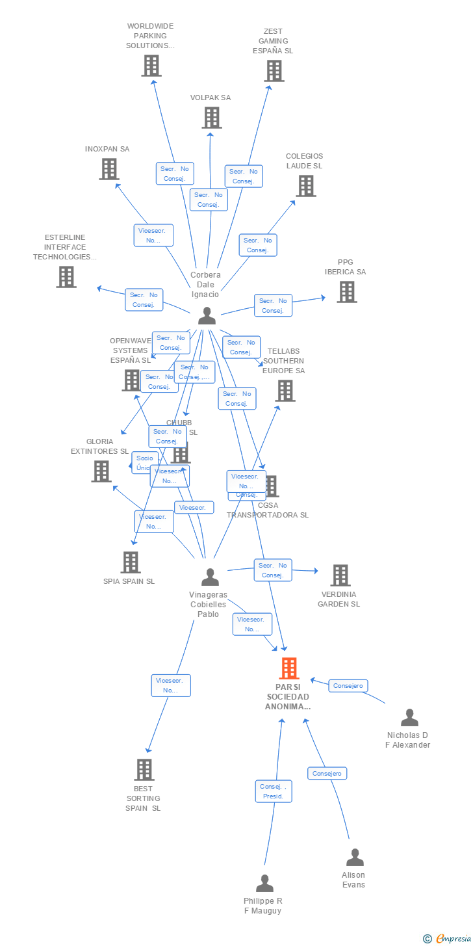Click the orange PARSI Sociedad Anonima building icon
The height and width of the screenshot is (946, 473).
tap(289, 668)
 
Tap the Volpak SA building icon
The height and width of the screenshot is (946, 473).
tap(211, 118)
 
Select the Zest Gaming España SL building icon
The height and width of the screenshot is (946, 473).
tap(274, 71)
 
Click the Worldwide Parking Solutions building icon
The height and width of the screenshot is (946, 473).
tap(151, 66)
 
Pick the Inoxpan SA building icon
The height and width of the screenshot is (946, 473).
tap(109, 169)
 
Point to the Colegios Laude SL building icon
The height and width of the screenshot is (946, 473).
tap(305, 186)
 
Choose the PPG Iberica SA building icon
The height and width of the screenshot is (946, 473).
tap(346, 292)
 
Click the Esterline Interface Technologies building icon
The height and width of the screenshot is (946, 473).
tap(66, 277)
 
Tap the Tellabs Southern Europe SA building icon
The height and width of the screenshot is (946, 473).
tap(285, 391)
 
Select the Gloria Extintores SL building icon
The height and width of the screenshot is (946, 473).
tap(101, 471)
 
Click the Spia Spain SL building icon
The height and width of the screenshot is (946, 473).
tap(131, 562)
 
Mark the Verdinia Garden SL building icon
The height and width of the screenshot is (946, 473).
tap(340, 575)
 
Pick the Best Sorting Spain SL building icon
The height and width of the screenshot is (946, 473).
tap(144, 770)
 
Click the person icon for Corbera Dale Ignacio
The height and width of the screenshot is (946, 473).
tap(207, 316)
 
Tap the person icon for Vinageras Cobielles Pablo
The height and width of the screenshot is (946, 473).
tap(210, 577)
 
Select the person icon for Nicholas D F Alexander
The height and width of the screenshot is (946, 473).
tap(409, 718)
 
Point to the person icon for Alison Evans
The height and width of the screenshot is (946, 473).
tap(355, 858)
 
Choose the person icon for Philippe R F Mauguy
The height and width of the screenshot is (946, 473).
tap(264, 884)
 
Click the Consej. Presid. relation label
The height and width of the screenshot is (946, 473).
tap(274, 791)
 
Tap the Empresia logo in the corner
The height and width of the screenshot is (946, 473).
tap(448, 938)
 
